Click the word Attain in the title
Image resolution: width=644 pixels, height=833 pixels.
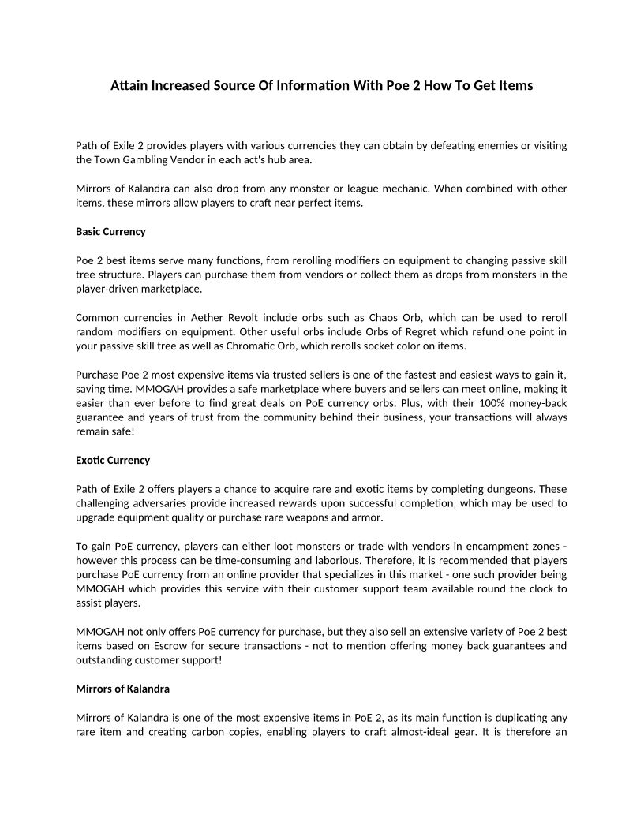pyautogui.click(x=129, y=85)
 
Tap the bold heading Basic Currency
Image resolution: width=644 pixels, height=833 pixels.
pyautogui.click(x=110, y=232)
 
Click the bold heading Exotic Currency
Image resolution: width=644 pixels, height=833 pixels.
pyautogui.click(x=112, y=460)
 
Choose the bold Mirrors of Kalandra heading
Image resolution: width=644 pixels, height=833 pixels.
pyautogui.click(x=122, y=689)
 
